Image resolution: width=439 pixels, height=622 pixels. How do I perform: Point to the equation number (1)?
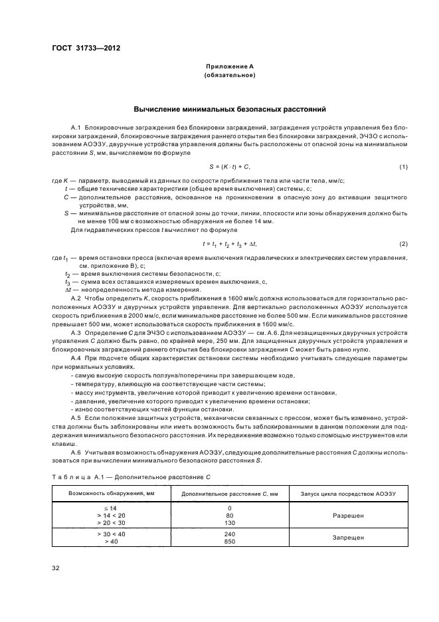403,166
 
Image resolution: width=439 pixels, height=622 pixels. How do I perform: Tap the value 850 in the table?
229,541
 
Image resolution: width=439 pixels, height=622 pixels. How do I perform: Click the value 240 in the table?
229,533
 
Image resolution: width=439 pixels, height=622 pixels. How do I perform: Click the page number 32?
56,569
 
